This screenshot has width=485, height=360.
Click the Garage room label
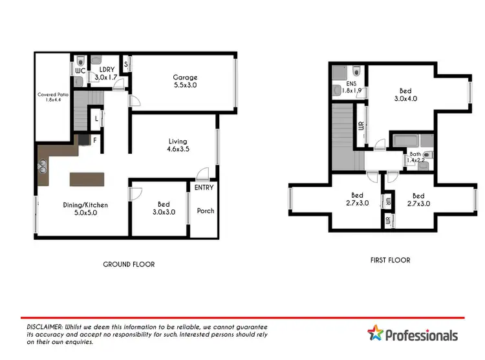pos(185,81)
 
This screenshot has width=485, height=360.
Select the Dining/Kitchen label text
pos(85,209)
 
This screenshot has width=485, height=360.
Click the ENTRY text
pos(204,187)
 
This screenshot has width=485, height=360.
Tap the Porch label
pos(205,211)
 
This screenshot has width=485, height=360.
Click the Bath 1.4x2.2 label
pos(415,156)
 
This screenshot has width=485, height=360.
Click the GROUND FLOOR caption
pos(129,264)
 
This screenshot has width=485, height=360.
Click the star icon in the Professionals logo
pos(375,334)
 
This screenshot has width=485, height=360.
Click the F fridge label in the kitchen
pos(94,139)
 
